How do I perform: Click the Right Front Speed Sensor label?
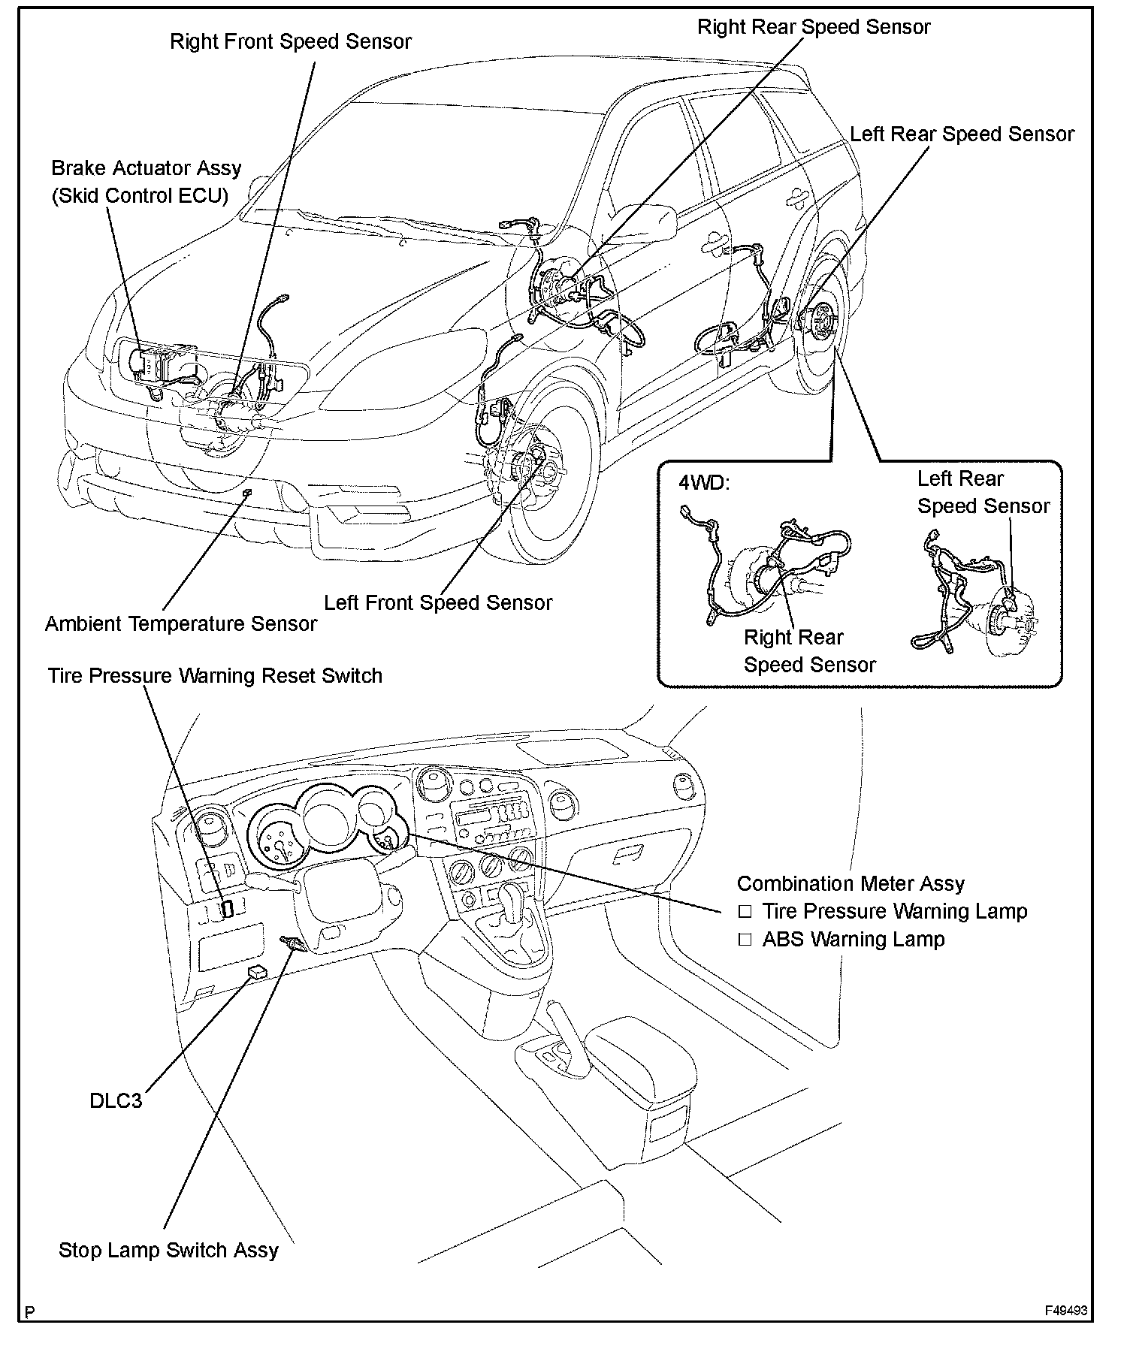point(290,41)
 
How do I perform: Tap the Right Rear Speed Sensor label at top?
point(813,27)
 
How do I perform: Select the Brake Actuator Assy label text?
point(146,167)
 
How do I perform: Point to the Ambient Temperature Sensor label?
point(180,623)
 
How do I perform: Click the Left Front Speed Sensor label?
point(437,602)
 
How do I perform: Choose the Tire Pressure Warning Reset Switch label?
point(215,675)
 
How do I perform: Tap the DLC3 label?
point(115,1100)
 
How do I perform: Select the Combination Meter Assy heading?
point(850,883)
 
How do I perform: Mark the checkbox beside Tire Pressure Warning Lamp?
point(745,912)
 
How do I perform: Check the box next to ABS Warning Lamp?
point(745,940)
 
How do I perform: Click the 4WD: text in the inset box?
point(703,483)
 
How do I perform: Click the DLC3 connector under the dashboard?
point(258,971)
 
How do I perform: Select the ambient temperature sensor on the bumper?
point(246,492)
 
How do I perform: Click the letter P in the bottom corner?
point(30,1312)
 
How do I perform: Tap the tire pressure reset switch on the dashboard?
point(228,909)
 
